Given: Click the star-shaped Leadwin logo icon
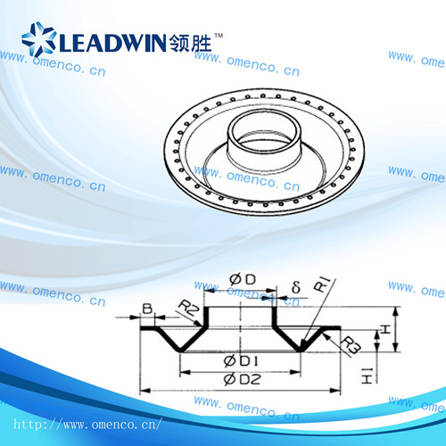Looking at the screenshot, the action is [38, 39].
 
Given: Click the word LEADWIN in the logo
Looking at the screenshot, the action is [112, 43].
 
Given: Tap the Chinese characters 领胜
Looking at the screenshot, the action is [190, 43].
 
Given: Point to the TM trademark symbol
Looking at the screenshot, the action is [219, 36].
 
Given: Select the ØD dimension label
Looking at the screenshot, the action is [243, 279].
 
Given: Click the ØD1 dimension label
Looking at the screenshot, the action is [241, 361].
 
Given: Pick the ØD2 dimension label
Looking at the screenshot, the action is [243, 379].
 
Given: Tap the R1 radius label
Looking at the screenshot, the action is [323, 285].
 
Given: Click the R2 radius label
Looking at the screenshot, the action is [188, 308].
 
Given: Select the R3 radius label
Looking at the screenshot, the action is [351, 345].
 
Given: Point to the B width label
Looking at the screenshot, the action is [147, 309].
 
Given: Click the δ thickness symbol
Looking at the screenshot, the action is [296, 287].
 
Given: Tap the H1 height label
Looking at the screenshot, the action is [367, 376].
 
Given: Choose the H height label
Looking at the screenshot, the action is [385, 329].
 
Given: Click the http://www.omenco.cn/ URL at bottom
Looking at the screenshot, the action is [88, 424].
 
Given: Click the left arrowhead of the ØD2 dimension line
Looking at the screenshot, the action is [145, 390].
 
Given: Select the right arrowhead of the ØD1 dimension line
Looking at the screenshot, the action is [295, 372].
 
